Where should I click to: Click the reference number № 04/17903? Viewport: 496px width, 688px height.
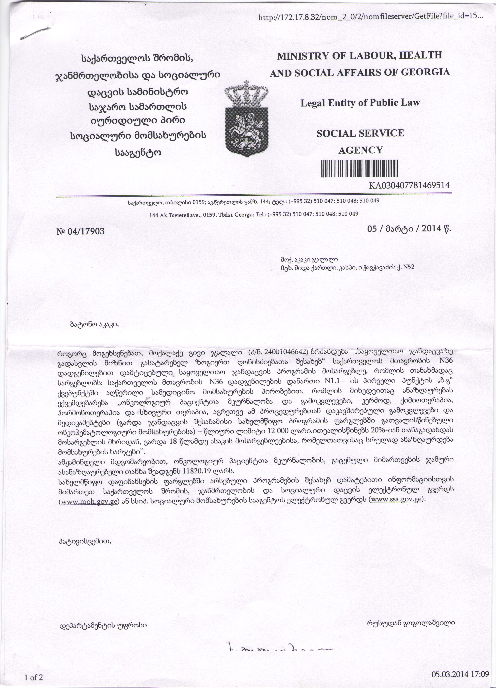[x=80, y=232]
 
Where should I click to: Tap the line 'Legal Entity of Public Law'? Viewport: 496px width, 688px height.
[x=360, y=103]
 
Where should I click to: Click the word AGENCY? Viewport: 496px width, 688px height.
[x=360, y=150]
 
